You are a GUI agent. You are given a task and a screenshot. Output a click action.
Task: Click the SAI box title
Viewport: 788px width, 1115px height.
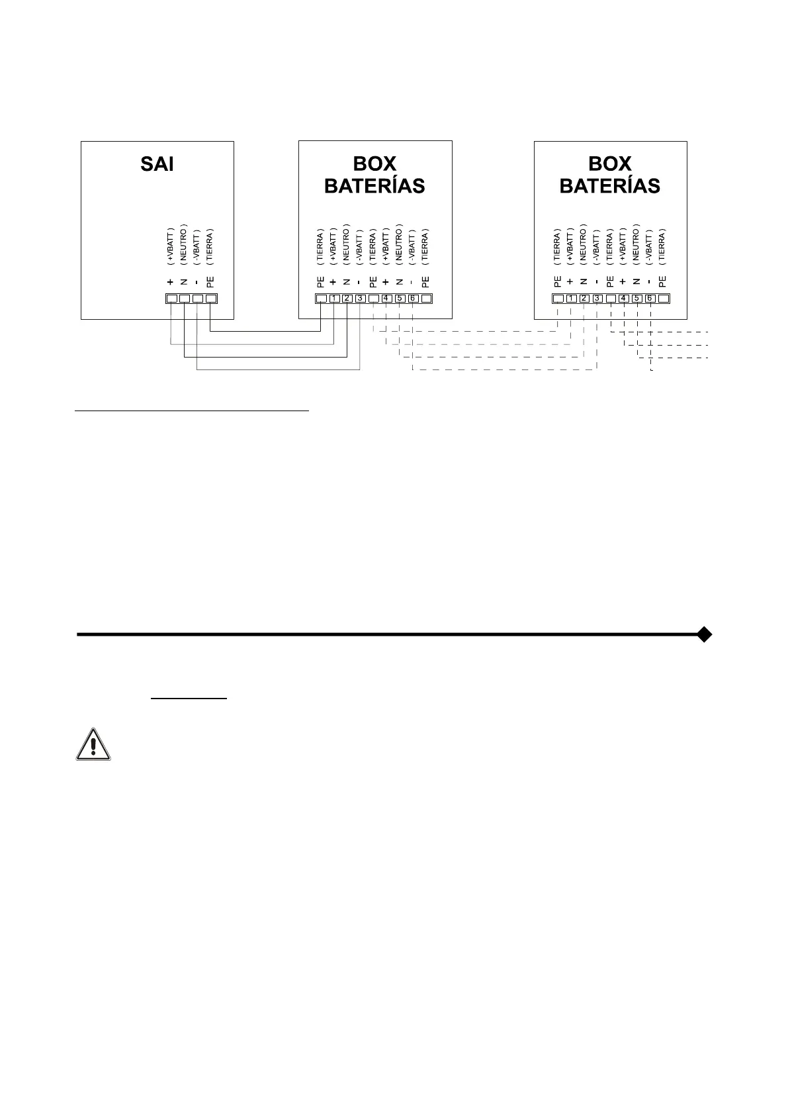(157, 164)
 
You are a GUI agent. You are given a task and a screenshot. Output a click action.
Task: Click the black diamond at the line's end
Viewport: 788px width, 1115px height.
(705, 634)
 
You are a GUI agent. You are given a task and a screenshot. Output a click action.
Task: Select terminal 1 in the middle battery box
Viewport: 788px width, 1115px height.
(334, 299)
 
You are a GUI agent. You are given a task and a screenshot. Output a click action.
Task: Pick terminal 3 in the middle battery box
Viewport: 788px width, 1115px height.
(360, 299)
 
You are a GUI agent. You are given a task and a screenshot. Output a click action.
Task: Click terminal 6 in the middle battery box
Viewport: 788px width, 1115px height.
(412, 299)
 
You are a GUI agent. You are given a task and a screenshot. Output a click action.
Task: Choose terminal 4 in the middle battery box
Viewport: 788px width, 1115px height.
(386, 299)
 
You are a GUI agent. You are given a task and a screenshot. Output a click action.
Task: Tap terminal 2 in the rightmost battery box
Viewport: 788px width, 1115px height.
(584, 299)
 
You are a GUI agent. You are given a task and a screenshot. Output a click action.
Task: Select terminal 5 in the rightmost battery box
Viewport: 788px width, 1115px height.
(636, 299)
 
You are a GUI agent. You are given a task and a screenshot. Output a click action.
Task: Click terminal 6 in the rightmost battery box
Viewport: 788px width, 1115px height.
(650, 299)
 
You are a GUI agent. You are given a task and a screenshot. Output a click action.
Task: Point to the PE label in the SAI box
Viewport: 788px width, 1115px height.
(210, 281)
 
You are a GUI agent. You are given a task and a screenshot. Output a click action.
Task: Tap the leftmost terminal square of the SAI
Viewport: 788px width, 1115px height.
(171, 299)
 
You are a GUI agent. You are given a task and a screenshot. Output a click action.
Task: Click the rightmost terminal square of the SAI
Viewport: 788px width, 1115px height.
(210, 299)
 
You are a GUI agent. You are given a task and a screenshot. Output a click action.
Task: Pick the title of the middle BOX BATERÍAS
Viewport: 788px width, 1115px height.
(374, 175)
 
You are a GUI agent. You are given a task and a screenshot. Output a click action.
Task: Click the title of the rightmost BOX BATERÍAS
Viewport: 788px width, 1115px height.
(610, 175)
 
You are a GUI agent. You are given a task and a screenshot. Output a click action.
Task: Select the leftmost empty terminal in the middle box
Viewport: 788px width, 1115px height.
(321, 299)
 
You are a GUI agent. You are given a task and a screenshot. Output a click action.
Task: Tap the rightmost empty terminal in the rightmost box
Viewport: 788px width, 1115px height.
(663, 299)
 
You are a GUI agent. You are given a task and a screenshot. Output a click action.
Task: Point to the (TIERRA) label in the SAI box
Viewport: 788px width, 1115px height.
(210, 247)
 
